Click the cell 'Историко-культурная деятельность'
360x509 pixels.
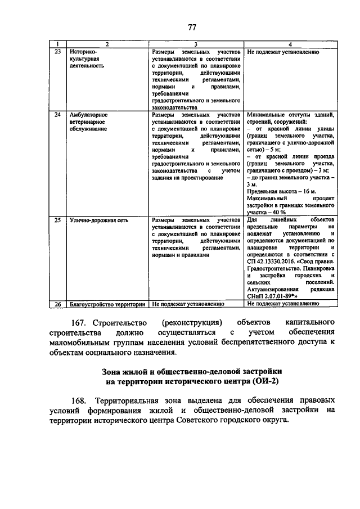(x=84, y=58)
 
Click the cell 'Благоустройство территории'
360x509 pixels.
(x=104, y=304)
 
